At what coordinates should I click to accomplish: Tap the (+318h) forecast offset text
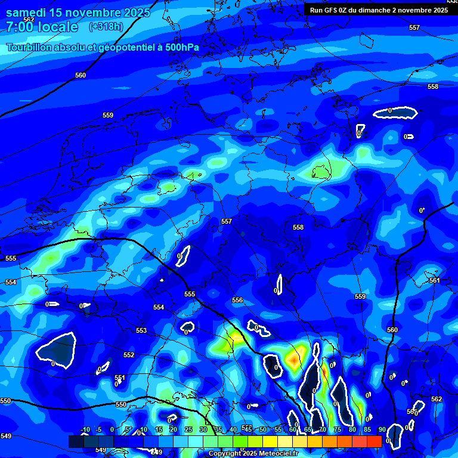pyautogui.click(x=106, y=26)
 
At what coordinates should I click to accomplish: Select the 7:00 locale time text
pyautogui.click(x=42, y=27)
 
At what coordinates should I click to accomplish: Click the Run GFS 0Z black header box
pyautogui.click(x=379, y=10)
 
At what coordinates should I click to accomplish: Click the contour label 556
pyautogui.click(x=237, y=300)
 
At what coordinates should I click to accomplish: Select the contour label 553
pyautogui.click(x=141, y=330)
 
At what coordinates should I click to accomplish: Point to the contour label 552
pyautogui.click(x=129, y=355)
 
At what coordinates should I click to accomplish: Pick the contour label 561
pyautogui.click(x=434, y=280)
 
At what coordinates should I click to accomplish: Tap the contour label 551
pyautogui.click(x=120, y=377)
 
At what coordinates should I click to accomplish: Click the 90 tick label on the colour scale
pyautogui.click(x=382, y=430)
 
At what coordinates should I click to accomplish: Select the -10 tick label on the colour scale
pyautogui.click(x=85, y=430)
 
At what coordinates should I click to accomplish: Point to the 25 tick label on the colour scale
pyautogui.click(x=188, y=430)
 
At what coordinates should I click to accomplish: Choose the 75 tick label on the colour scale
pyautogui.click(x=337, y=430)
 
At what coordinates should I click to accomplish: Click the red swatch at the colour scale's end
pyautogui.click(x=374, y=441)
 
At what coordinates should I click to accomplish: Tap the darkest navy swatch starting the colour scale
pyautogui.click(x=76, y=441)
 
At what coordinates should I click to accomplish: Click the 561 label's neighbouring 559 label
pyautogui.click(x=360, y=296)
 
